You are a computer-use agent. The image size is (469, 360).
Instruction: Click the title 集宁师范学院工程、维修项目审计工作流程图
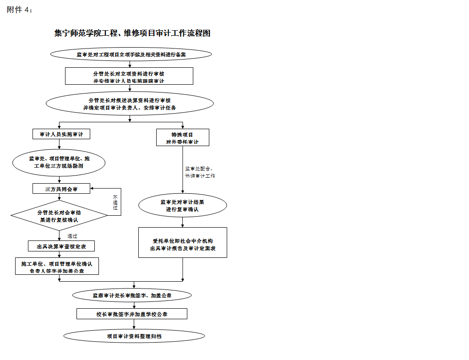pos(132,33)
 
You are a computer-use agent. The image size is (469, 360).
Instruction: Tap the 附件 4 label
pos(20,10)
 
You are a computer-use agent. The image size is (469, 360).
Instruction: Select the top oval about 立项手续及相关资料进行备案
pos(131,55)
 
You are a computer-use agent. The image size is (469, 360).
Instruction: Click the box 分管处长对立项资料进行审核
pos(129,76)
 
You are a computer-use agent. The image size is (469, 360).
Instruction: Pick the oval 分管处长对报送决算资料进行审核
pos(130,104)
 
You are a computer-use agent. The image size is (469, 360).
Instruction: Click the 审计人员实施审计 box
pos(61,134)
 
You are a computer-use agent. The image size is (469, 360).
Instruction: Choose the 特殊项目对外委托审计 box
pos(182,137)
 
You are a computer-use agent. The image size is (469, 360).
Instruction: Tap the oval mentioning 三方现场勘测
pos(59,163)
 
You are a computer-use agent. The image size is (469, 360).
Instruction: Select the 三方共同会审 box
pos(61,189)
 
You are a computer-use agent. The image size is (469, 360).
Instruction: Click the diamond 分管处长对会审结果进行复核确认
pos(59,216)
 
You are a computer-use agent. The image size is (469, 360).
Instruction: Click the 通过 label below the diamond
pos(72,236)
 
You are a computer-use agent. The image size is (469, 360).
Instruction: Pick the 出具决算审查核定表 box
pos(61,246)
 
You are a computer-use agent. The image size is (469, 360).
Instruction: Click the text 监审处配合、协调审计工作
pos(200,172)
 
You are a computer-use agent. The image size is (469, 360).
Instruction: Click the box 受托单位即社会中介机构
pos(183,243)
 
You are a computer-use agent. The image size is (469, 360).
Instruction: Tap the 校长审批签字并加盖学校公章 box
pos(132,314)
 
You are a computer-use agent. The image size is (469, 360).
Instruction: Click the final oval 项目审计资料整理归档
pos(134,336)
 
